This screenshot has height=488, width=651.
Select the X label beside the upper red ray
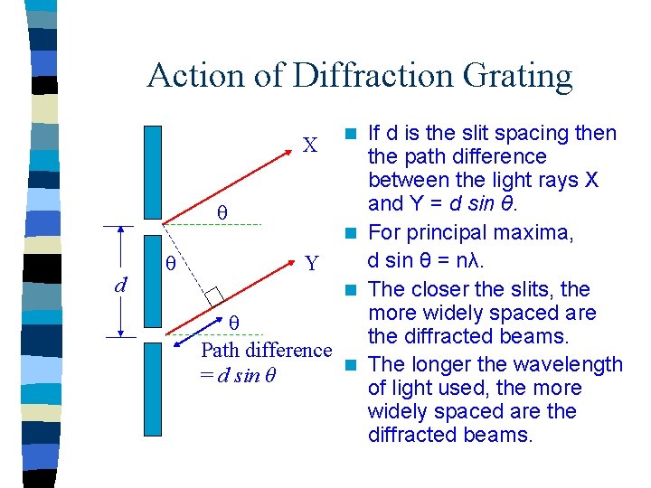(x=309, y=145)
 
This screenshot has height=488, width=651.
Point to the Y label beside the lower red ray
(x=312, y=264)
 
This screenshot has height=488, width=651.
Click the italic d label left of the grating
(x=119, y=284)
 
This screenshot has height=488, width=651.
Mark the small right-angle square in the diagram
(x=214, y=295)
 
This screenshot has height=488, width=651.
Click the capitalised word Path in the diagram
(x=218, y=350)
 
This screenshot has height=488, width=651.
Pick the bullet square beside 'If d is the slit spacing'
(x=353, y=135)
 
